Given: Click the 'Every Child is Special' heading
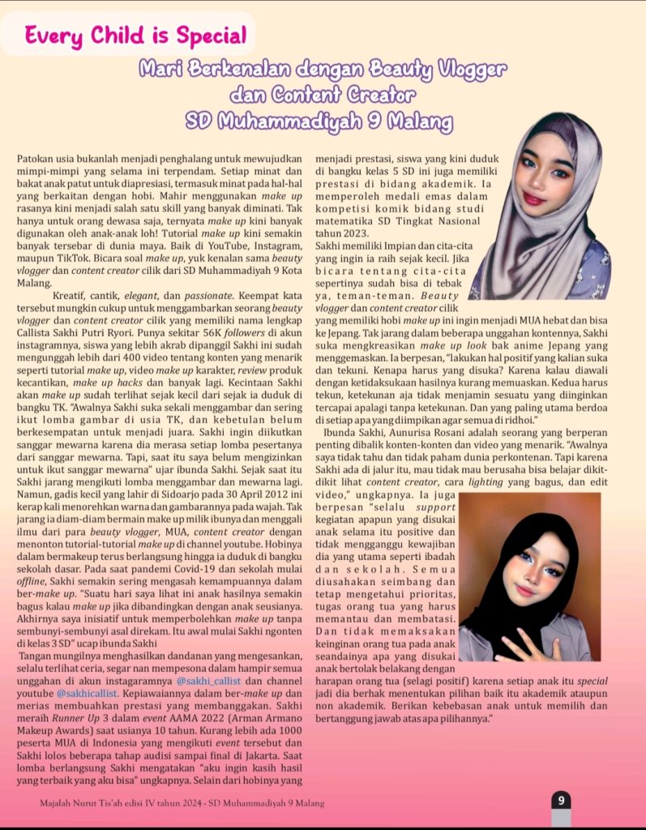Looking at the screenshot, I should point(135,36).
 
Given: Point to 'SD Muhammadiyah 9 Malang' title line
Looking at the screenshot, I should point(319,122).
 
